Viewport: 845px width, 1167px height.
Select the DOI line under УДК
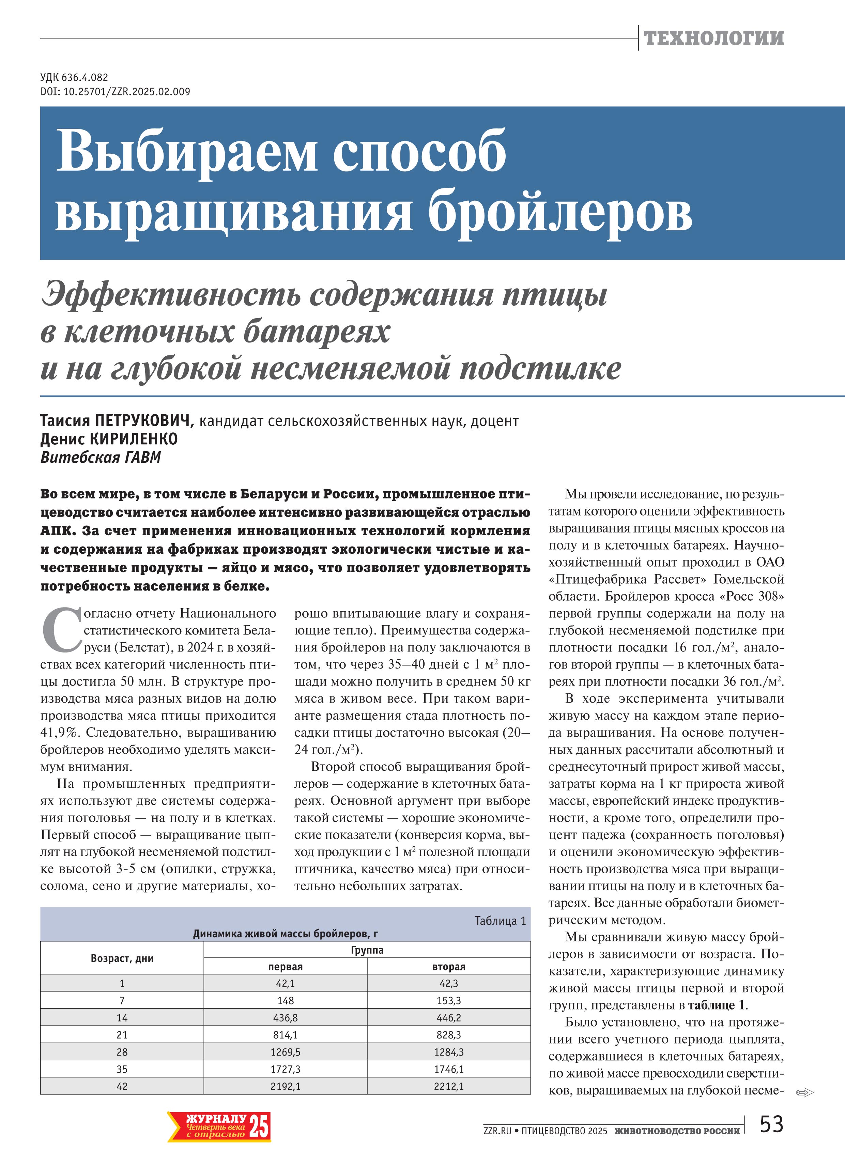coord(115,92)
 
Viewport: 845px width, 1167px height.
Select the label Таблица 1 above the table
coord(500,921)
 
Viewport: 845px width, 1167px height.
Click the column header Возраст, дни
coord(122,958)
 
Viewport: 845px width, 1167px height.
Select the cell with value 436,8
coord(285,1018)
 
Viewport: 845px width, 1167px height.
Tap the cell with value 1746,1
coord(449,1069)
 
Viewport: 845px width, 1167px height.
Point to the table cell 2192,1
coord(285,1086)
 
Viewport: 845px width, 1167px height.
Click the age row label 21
coord(122,1035)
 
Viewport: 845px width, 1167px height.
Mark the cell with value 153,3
coord(449,1000)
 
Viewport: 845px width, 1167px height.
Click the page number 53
coord(771,1124)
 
